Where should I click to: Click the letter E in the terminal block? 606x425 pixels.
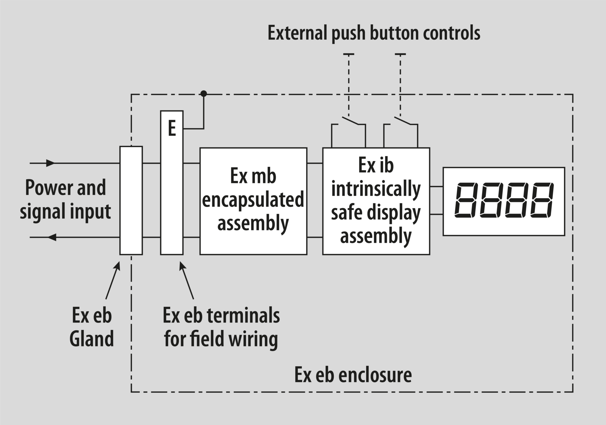pyautogui.click(x=172, y=128)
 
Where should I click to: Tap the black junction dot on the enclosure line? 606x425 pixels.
pyautogui.click(x=204, y=94)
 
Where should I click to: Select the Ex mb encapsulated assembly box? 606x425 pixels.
pyautogui.click(x=253, y=201)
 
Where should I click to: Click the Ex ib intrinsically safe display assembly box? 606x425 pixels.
pyautogui.click(x=376, y=201)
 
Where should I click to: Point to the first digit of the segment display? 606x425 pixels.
pyautogui.click(x=466, y=200)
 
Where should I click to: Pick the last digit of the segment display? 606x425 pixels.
pyautogui.click(x=542, y=200)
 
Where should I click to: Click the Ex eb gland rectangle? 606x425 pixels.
pyautogui.click(x=131, y=200)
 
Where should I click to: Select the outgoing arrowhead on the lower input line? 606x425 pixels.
pyautogui.click(x=52, y=237)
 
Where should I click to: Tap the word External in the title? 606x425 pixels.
pyautogui.click(x=297, y=33)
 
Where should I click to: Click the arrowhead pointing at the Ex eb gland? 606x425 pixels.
pyautogui.click(x=118, y=266)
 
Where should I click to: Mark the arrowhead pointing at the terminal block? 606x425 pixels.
pyautogui.click(x=182, y=266)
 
